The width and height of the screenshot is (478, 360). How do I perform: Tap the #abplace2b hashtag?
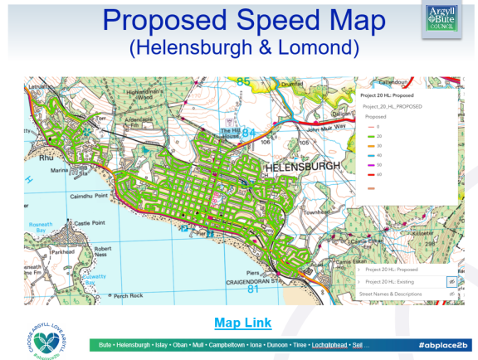(x=443, y=343)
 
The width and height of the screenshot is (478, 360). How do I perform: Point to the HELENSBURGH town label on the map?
(x=301, y=168)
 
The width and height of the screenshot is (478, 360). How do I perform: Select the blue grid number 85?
(x=242, y=81)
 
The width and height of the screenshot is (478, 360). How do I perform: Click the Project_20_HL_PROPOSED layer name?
(x=392, y=107)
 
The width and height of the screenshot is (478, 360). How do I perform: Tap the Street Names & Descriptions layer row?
(x=395, y=294)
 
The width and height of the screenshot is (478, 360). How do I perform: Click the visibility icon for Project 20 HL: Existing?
(x=451, y=282)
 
